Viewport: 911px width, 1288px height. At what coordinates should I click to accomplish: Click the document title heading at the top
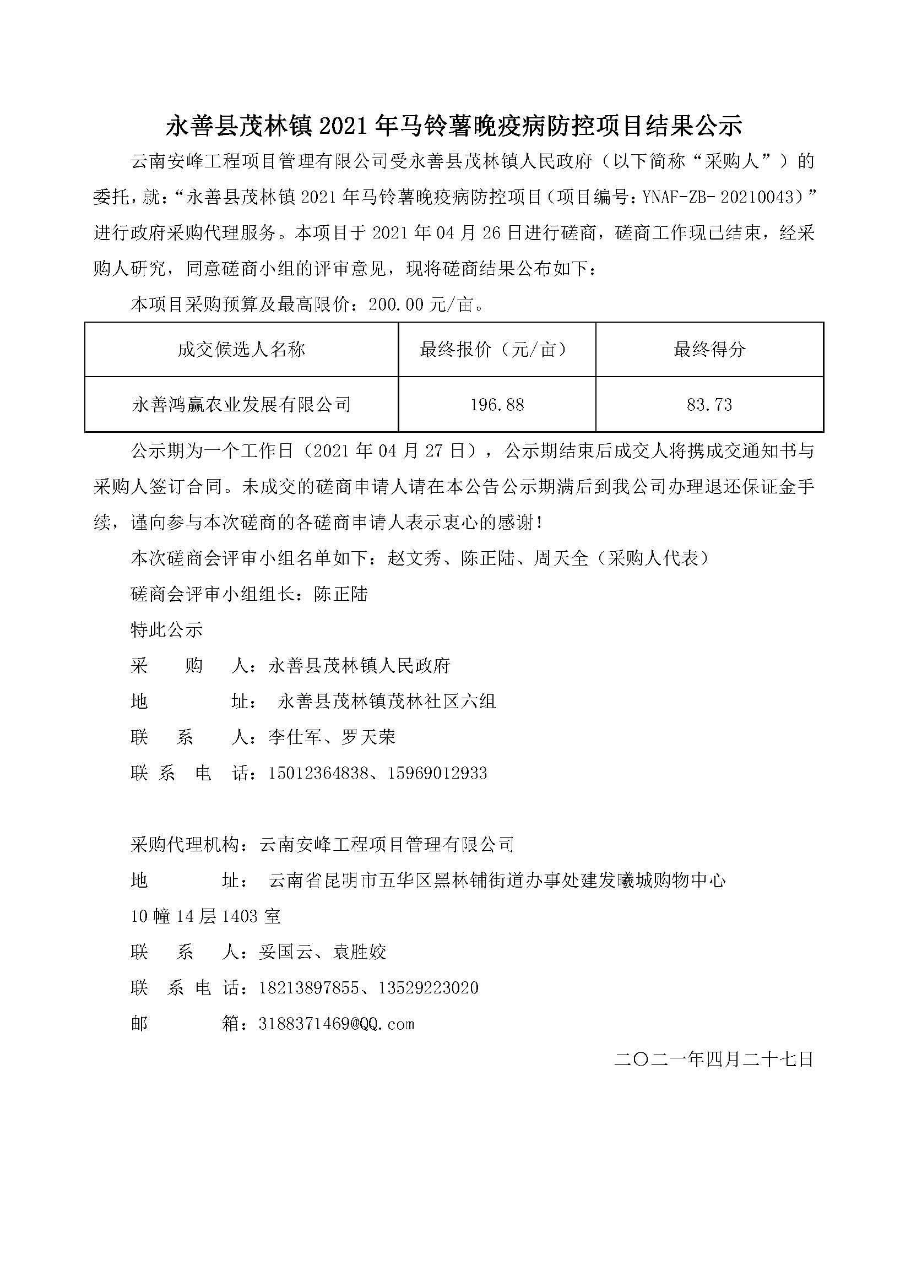[x=454, y=126]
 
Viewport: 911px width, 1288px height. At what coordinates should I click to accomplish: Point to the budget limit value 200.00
[x=395, y=305]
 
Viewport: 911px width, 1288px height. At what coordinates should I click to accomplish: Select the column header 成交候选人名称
[x=241, y=350]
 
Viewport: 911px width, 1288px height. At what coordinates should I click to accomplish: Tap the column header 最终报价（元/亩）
[x=497, y=350]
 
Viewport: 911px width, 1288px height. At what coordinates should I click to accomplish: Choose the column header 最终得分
[x=709, y=350]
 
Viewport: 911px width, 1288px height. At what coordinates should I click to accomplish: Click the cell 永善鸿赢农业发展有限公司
[x=241, y=405]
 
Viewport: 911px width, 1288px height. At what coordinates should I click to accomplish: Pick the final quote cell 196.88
[x=497, y=405]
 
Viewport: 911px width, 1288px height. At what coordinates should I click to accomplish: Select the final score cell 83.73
[x=709, y=405]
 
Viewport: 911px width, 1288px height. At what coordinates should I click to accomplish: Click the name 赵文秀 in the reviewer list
[x=414, y=558]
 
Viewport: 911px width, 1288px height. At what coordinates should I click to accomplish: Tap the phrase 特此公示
[x=166, y=630]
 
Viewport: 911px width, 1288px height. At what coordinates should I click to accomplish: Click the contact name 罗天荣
[x=368, y=737]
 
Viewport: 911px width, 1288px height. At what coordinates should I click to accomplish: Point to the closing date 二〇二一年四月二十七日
[x=713, y=1059]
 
